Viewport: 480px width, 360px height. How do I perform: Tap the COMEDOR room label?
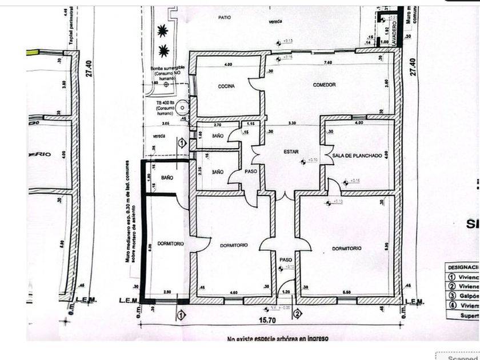(324, 85)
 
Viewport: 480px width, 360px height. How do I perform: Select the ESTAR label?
(291, 151)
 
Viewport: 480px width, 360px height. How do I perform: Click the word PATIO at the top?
(225, 18)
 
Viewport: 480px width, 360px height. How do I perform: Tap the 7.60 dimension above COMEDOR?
(328, 63)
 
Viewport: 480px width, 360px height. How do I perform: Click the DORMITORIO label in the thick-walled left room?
(171, 243)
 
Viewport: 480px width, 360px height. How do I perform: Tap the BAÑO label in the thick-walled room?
(167, 178)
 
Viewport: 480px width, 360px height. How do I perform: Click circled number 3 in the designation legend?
(452, 295)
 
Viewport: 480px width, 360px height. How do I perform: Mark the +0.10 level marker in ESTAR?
(311, 159)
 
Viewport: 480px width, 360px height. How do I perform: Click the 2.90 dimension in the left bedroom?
(167, 293)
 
